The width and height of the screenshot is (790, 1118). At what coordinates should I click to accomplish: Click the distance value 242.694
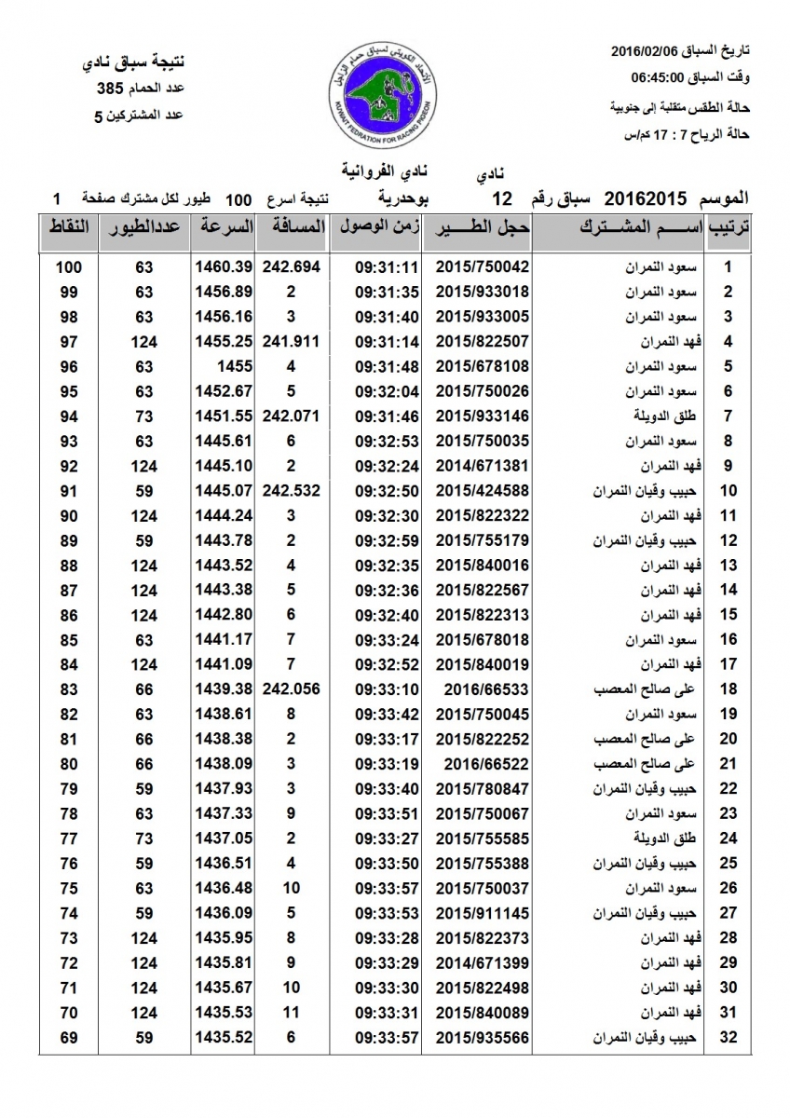coord(292,266)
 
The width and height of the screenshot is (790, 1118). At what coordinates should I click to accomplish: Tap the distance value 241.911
coord(292,341)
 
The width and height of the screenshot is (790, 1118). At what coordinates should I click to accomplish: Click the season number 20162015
coord(646,198)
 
